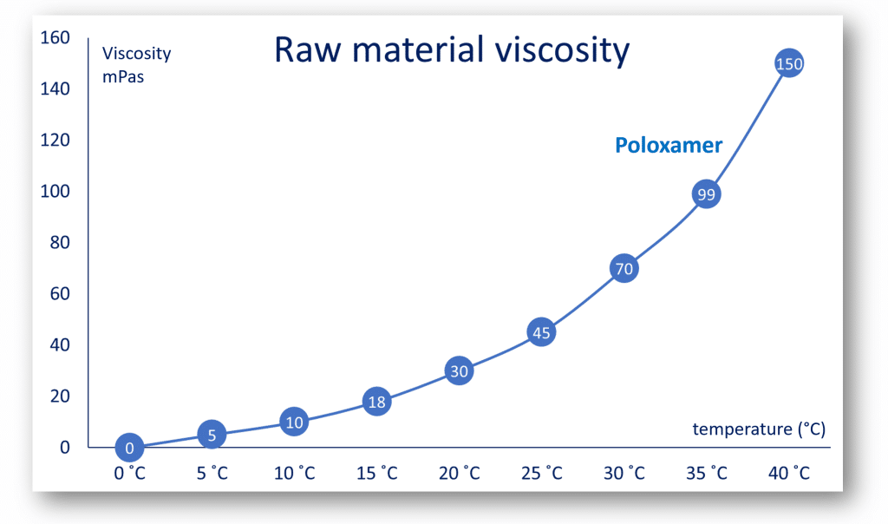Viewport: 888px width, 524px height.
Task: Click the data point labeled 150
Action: tap(788, 63)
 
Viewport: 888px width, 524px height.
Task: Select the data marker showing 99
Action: tap(706, 194)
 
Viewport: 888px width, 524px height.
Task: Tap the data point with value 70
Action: tap(624, 269)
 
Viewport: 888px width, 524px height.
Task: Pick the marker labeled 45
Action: tap(541, 332)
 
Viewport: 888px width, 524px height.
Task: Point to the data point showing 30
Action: tap(459, 371)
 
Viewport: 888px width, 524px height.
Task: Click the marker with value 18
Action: tap(376, 402)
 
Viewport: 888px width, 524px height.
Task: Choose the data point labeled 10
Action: tap(294, 422)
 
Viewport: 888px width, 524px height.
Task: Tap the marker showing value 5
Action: tap(212, 435)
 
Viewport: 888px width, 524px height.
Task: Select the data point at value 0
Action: tap(129, 448)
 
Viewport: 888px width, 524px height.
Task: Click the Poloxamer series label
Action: tap(669, 145)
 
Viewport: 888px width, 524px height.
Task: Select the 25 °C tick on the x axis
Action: tap(541, 473)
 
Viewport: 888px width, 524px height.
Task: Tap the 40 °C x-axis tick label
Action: tap(788, 473)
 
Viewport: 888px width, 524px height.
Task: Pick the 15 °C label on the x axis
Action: tap(376, 473)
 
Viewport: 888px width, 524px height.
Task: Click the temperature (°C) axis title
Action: tap(759, 429)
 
